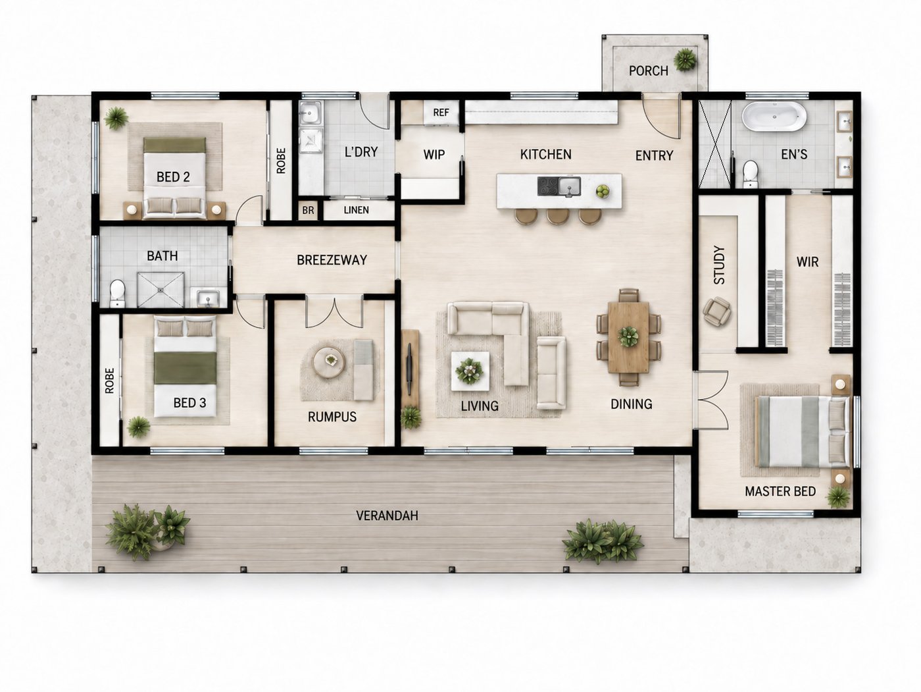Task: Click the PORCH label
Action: (648, 71)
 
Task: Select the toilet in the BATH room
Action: (117, 293)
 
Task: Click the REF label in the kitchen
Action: (441, 113)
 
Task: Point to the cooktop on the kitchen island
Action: (549, 186)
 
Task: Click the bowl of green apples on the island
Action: (603, 192)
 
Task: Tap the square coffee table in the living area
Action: (470, 371)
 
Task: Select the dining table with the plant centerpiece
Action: (628, 337)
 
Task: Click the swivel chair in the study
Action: (717, 311)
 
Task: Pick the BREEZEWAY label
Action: (332, 260)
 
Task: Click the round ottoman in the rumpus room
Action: (329, 362)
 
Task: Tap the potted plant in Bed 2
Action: (116, 118)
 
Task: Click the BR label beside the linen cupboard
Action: (308, 210)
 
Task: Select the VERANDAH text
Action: (387, 516)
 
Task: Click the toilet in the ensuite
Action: (750, 174)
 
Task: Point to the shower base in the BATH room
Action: (161, 289)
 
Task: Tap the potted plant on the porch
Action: (685, 60)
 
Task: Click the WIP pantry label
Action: (434, 155)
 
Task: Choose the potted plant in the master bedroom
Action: (837, 497)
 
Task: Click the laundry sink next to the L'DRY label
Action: (311, 113)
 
